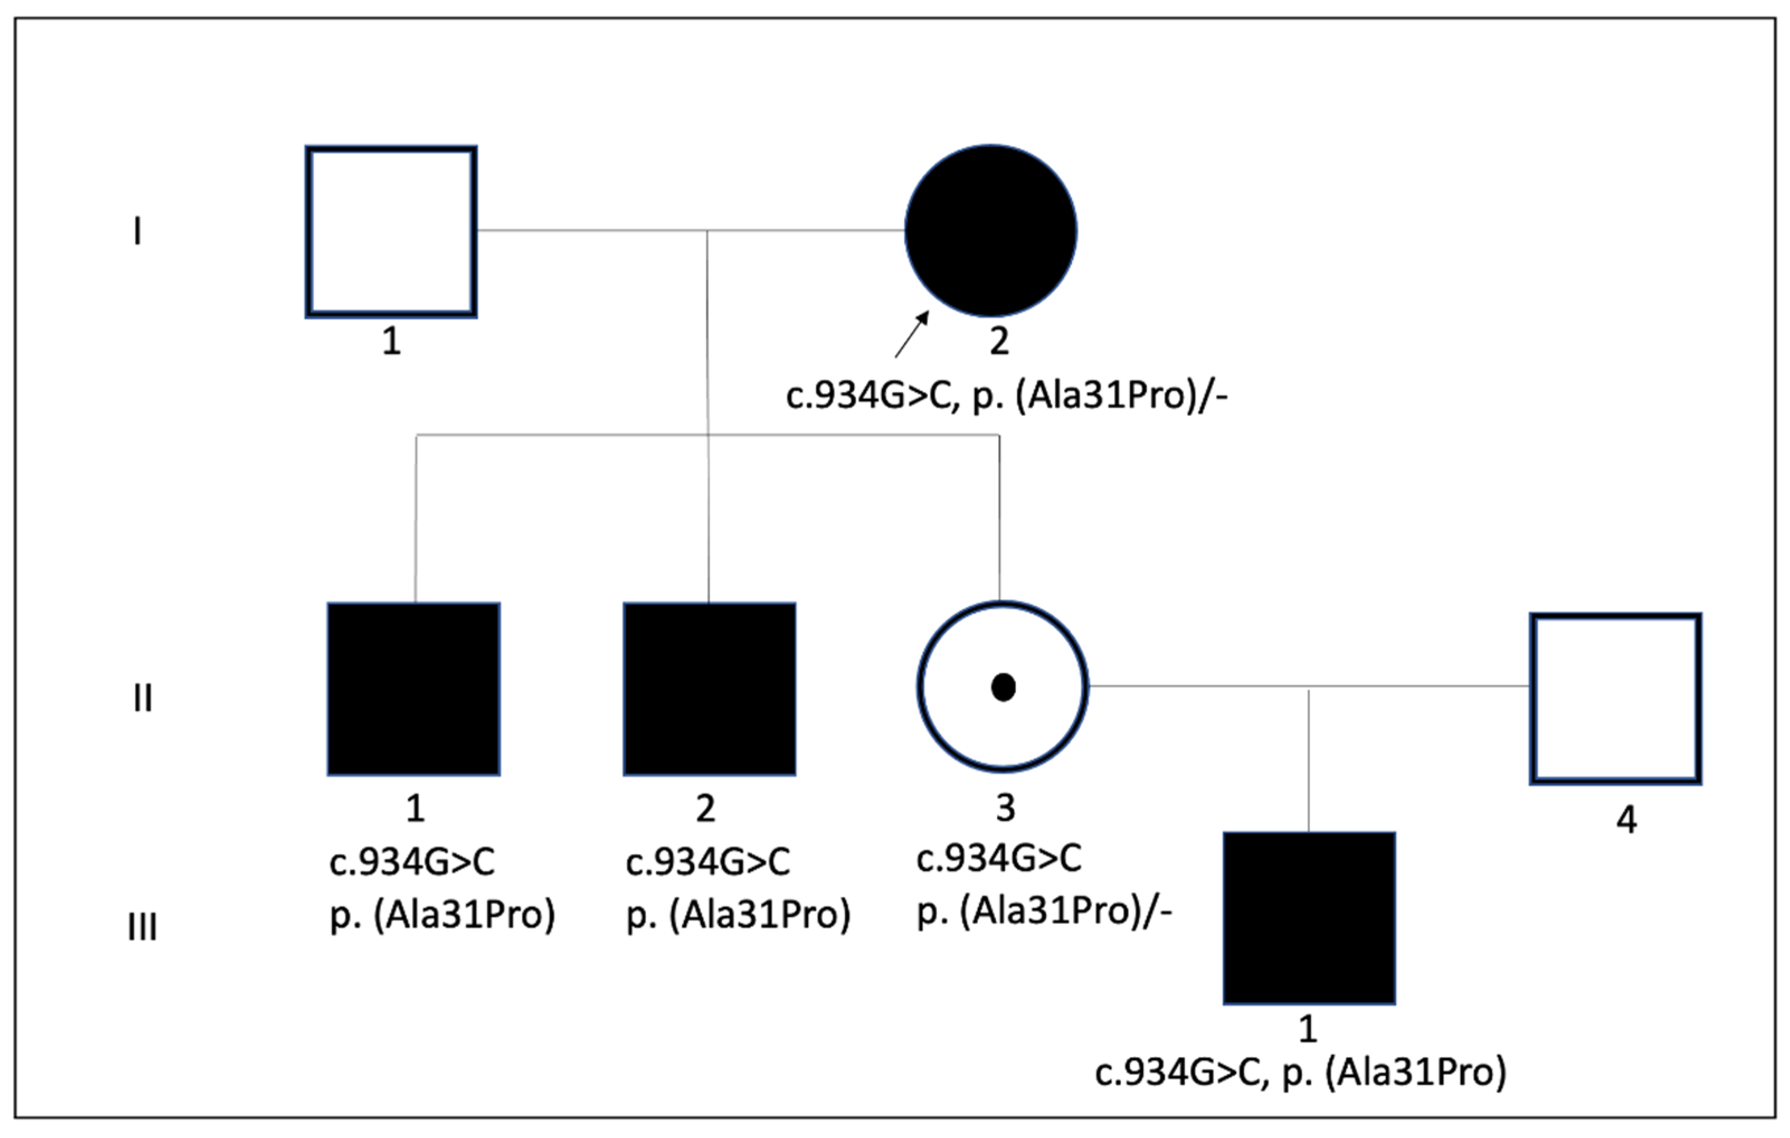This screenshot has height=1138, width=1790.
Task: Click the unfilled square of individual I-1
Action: [391, 232]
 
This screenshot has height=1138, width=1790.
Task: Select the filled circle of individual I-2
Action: [991, 230]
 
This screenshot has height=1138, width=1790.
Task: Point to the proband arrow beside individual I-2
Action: [912, 334]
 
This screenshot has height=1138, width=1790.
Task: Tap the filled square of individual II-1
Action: [414, 689]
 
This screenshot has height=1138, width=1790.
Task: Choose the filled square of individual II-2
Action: [709, 689]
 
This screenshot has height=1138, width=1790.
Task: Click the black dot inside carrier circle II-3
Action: [1004, 687]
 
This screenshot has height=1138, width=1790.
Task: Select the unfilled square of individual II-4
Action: [1615, 699]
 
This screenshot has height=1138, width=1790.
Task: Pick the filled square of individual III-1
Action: [1309, 918]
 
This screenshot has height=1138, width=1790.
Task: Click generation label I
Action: [137, 231]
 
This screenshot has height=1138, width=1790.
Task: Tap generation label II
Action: [143, 698]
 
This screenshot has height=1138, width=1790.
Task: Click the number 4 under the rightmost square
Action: [1626, 820]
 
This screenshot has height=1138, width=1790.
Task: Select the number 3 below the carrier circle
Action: [1005, 808]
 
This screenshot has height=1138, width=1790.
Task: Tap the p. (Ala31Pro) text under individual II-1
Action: [442, 914]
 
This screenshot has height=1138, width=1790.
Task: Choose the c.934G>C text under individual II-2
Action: [708, 862]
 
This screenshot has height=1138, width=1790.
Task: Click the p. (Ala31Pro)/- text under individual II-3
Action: [1044, 911]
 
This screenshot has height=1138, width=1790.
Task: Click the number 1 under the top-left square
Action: [392, 341]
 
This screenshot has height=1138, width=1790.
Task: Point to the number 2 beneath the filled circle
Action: [999, 341]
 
